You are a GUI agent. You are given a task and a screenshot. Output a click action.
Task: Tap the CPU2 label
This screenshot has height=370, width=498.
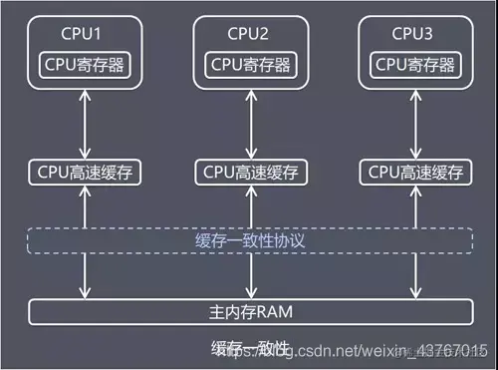pyautogui.click(x=248, y=34)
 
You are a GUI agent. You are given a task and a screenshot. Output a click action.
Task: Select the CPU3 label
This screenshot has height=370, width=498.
pyautogui.click(x=411, y=34)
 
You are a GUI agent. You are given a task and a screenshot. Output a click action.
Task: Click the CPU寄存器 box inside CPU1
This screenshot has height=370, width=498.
pyautogui.click(x=85, y=64)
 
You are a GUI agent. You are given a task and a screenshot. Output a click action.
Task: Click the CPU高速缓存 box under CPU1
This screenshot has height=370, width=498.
pyautogui.click(x=85, y=171)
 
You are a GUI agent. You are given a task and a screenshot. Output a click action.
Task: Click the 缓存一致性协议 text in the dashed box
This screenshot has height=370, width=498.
pyautogui.click(x=248, y=241)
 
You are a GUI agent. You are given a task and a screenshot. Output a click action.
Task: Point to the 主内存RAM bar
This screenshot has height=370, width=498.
pyautogui.click(x=248, y=311)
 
